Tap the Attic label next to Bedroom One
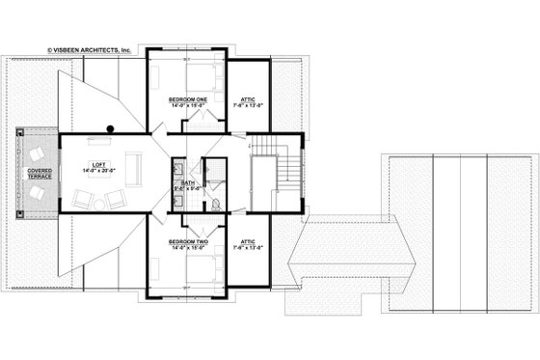(x=246, y=99)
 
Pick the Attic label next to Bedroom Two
(x=246, y=241)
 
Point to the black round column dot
(x=112, y=127)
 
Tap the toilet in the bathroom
(x=216, y=202)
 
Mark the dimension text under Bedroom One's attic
(x=246, y=106)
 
